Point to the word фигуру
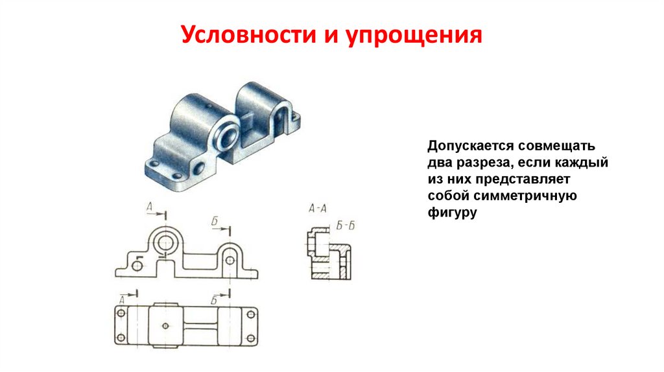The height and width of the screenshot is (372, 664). [452, 212]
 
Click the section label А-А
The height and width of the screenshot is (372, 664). [317, 209]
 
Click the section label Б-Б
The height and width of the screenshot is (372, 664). [346, 226]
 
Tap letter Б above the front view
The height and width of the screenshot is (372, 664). [215, 223]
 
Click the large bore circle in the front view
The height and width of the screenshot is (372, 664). [165, 243]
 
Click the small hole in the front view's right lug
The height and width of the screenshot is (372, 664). [229, 259]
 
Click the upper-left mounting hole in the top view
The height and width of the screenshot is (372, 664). [121, 314]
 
